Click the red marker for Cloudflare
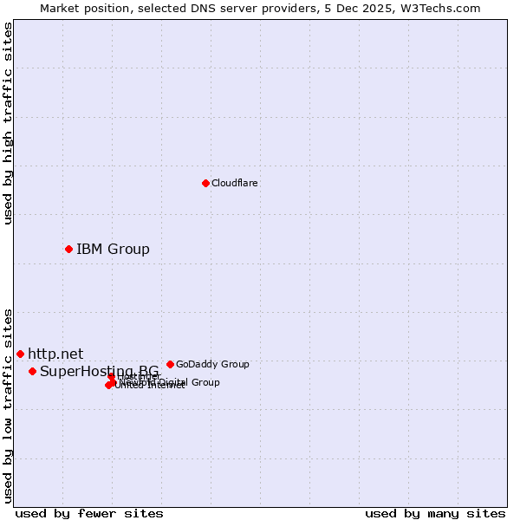coord(205,183)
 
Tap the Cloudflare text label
coord(234,183)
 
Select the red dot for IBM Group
coord(68,249)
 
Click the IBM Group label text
coord(113,250)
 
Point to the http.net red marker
coord(20,354)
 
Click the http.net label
coord(55,354)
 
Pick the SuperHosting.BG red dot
coord(32,371)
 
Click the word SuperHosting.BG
coord(99,372)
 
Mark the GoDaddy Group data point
coord(170,364)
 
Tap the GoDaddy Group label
coord(212,364)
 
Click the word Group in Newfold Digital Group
coord(205,382)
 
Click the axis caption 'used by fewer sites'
coord(89,513)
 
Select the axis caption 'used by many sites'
coord(434,513)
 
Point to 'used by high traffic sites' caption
coord(8,123)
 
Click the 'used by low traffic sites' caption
coord(8,406)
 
